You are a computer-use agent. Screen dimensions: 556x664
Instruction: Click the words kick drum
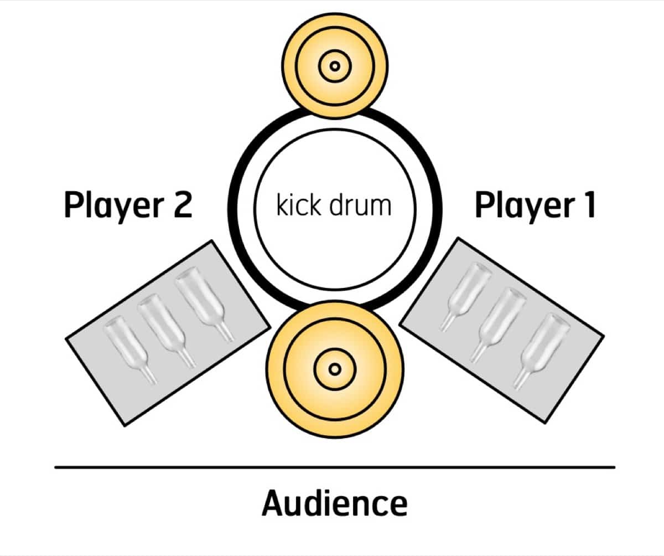[334, 205]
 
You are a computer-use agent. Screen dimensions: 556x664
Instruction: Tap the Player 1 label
[535, 207]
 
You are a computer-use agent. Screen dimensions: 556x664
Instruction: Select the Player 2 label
[128, 207]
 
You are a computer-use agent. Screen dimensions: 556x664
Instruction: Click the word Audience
[334, 503]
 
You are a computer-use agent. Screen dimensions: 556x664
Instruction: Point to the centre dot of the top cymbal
[334, 66]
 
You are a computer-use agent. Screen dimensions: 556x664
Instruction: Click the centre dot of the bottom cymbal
[334, 368]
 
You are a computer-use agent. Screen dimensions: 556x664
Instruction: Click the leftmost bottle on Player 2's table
[129, 348]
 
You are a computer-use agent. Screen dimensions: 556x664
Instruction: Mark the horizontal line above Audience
[334, 467]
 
